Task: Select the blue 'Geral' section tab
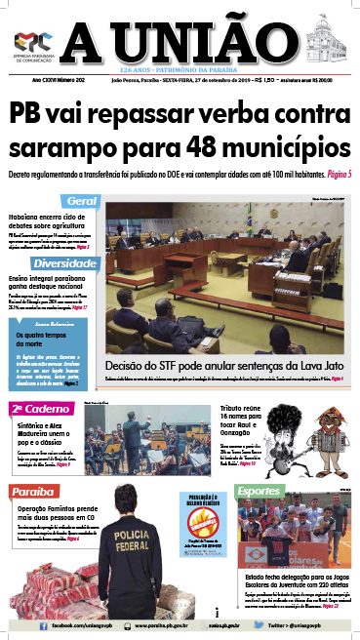[x=81, y=201]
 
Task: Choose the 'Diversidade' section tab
[x=64, y=264]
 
